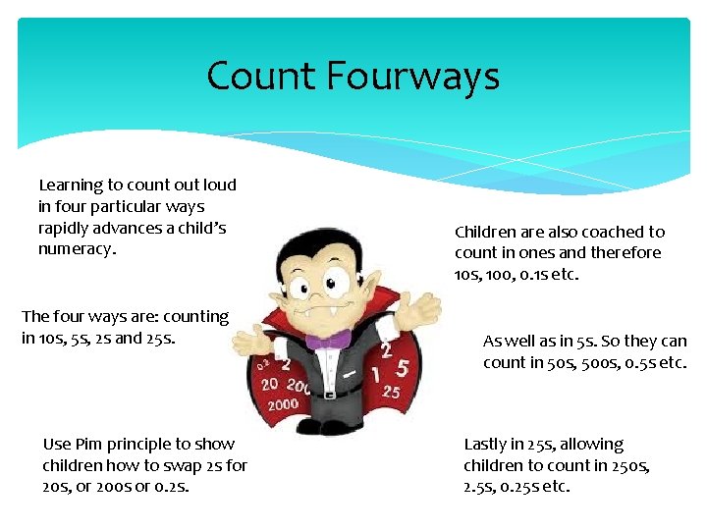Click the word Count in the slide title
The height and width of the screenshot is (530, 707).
pyautogui.click(x=257, y=77)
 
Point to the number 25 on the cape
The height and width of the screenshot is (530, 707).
pyautogui.click(x=391, y=392)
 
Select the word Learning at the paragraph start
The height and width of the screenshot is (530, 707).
pyautogui.click(x=71, y=185)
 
